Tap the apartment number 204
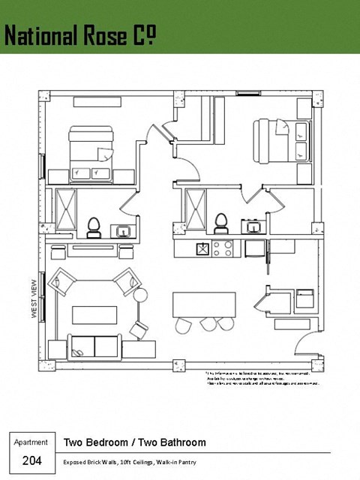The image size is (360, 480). point(31,460)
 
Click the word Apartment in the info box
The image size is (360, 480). point(31,442)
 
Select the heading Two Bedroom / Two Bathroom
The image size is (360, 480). point(134,442)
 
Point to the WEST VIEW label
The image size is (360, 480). point(34,299)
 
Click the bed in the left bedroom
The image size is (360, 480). point(91,154)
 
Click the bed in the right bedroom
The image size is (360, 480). point(282,142)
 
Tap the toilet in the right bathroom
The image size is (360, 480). point(220,222)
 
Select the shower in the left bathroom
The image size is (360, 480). point(66,209)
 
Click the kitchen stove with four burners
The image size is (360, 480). point(223,248)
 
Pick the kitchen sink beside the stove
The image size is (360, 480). point(202,248)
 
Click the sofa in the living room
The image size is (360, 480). point(94,346)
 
